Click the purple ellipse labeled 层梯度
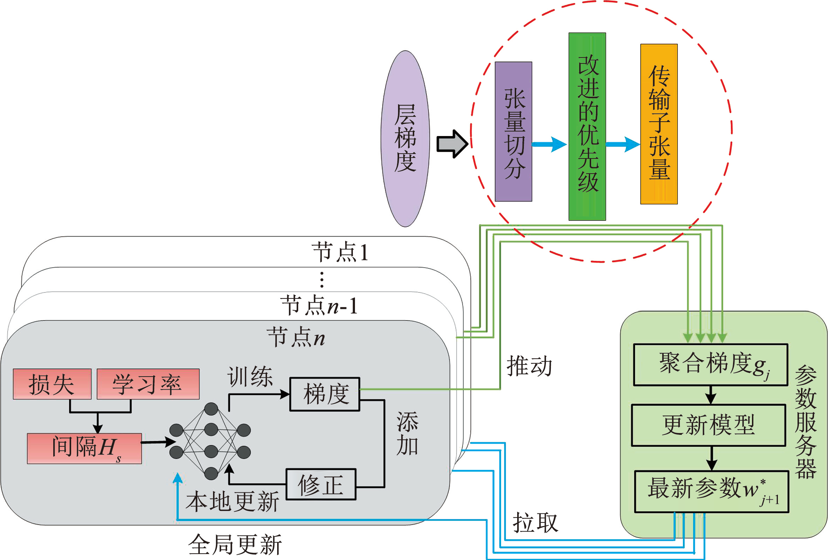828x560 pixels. coord(405,139)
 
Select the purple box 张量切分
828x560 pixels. coord(513,131)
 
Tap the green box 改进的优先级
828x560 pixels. coord(587,127)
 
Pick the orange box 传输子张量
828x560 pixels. coord(659,124)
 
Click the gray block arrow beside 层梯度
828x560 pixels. coord(452,144)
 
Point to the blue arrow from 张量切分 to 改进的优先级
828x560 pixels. coord(549,144)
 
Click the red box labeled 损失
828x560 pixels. coord(52,384)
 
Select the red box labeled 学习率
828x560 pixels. coord(148,384)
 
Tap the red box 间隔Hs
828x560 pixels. coord(84,448)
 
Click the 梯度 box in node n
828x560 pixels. coord(325,394)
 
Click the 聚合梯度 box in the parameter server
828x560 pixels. coord(710,365)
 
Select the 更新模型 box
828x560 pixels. coord(709,425)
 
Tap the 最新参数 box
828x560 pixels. coord(712,492)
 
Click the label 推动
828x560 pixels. coord(529,366)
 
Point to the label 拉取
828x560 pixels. coord(535,523)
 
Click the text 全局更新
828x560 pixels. coord(235,545)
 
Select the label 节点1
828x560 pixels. coord(340,252)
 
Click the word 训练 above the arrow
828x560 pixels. coord(250,377)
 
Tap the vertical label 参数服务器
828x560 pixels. coord(806,422)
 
